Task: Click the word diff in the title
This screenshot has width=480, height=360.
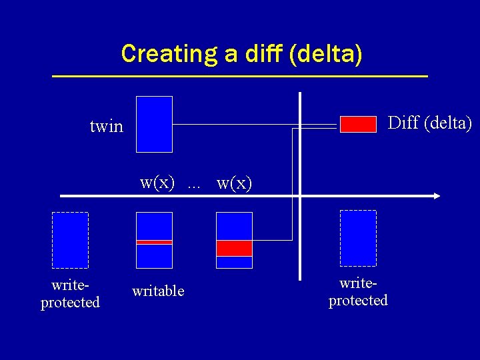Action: [x=262, y=53]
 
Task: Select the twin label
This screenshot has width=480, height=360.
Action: [x=107, y=126]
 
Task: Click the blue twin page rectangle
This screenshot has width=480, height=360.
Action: [x=154, y=125]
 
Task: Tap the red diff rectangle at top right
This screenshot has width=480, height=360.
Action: [x=358, y=124]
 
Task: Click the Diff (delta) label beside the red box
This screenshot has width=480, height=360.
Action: [x=429, y=123]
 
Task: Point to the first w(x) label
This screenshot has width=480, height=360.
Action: [x=157, y=182]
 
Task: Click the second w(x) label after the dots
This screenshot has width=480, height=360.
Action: [x=235, y=183]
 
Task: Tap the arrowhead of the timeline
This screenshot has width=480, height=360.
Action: [x=436, y=196]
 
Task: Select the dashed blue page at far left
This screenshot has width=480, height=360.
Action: [x=71, y=240]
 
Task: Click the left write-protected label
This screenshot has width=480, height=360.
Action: [x=70, y=294]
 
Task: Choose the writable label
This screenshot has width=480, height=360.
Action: [x=158, y=291]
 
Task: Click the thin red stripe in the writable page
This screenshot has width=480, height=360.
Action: [x=154, y=242]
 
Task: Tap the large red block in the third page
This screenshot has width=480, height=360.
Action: [x=235, y=248]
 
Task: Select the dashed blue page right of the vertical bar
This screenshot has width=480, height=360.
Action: [x=358, y=238]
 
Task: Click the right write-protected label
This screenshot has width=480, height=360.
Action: [x=358, y=292]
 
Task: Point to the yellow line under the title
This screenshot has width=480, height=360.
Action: [x=240, y=77]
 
